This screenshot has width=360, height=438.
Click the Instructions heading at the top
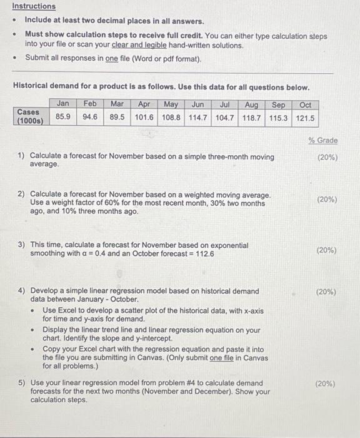click(x=34, y=6)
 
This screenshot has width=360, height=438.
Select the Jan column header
click(x=63, y=104)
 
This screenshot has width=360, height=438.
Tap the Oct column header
click(x=306, y=105)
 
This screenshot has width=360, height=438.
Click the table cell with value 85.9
click(x=63, y=117)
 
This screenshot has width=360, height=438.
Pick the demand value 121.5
click(x=306, y=118)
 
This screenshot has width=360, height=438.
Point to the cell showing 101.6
click(x=144, y=117)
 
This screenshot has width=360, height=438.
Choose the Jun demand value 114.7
click(x=197, y=117)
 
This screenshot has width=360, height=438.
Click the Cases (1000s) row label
click(x=30, y=116)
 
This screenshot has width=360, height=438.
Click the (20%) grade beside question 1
click(x=327, y=158)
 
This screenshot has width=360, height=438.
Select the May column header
click(x=171, y=104)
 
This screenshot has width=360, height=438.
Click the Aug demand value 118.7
click(x=251, y=118)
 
